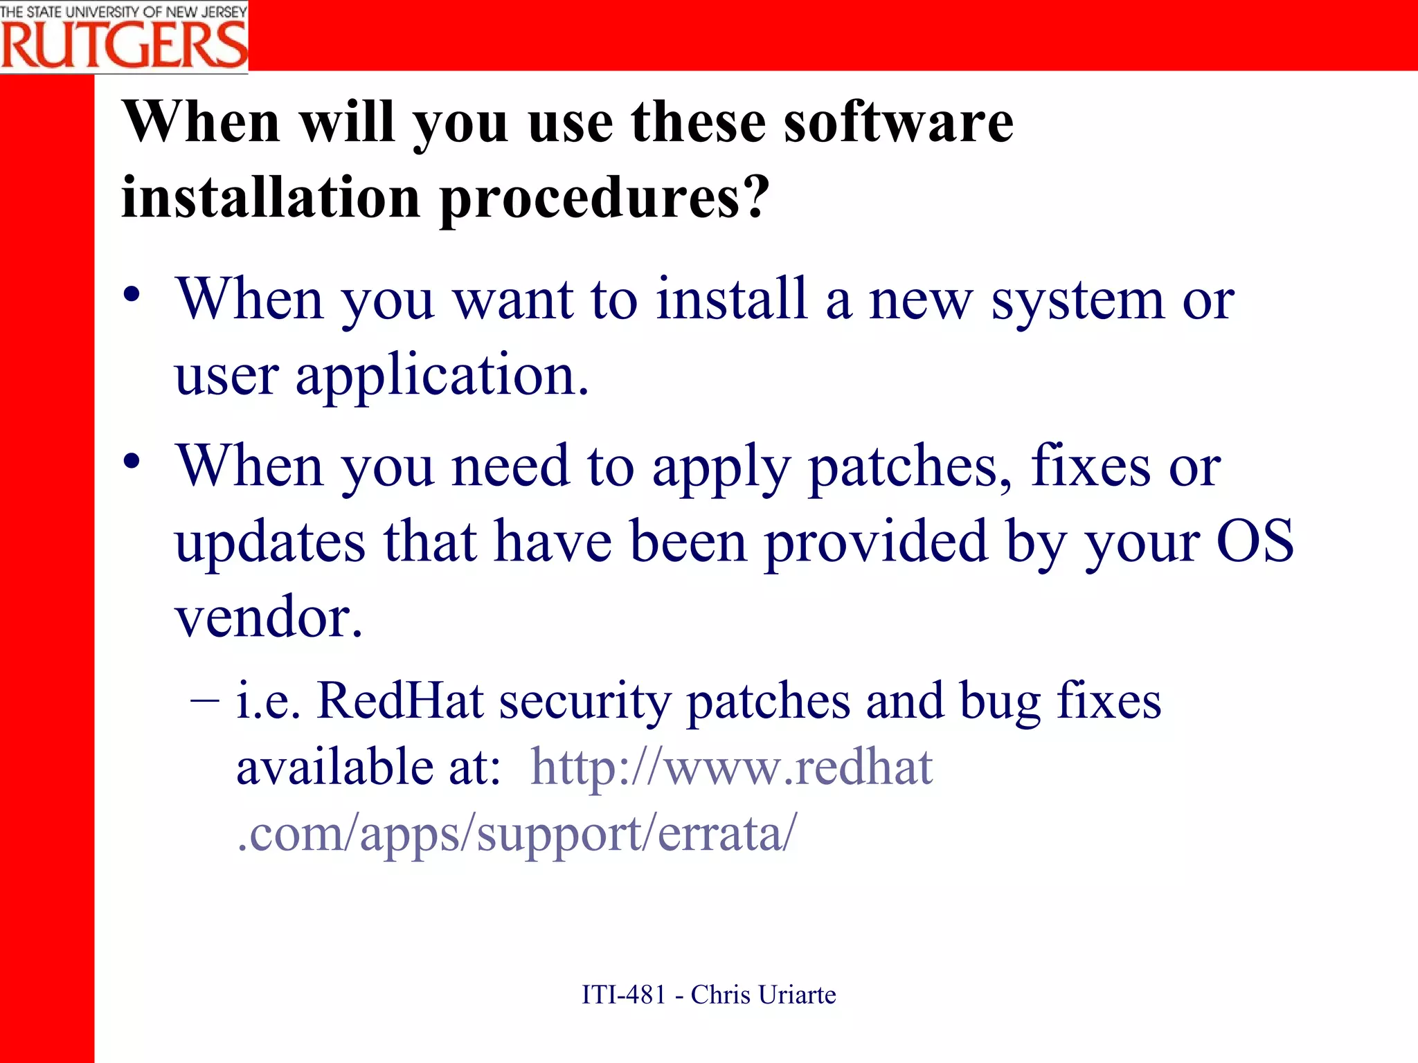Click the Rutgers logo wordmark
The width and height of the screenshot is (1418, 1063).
click(x=124, y=44)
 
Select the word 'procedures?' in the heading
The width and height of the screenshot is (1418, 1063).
click(x=604, y=198)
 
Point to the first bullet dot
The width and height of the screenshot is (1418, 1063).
click(x=132, y=296)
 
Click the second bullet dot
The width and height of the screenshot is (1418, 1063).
click(x=132, y=462)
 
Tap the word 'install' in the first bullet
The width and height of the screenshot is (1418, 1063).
click(x=732, y=299)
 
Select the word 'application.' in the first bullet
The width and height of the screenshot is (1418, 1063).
click(x=442, y=375)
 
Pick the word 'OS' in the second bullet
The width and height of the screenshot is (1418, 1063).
click(x=1255, y=540)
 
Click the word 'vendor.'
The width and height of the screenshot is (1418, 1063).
click(x=269, y=616)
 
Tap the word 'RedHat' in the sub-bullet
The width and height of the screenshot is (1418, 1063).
click(x=400, y=700)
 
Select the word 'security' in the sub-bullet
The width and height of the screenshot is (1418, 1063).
click(x=584, y=702)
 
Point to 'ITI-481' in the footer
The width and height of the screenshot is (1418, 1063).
click(x=623, y=994)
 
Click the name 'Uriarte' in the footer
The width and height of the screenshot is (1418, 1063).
click(x=796, y=994)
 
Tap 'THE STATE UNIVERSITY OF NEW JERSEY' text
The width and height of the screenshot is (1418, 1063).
click(x=124, y=11)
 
